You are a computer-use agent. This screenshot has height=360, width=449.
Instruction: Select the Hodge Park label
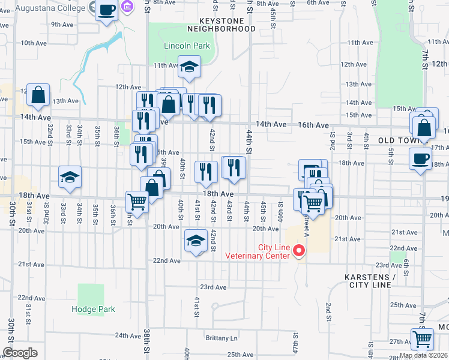pos(92,310)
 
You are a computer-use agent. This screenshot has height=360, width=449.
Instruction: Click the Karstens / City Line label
pos(370,281)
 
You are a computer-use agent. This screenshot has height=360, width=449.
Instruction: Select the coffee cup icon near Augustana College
pos(107,10)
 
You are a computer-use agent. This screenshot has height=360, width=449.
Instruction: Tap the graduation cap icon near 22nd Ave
pos(194,241)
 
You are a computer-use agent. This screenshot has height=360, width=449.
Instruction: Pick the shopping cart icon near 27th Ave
pos(423,339)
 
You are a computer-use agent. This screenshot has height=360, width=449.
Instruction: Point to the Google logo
pos(20,353)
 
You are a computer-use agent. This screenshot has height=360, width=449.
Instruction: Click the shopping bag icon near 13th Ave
pos(38,94)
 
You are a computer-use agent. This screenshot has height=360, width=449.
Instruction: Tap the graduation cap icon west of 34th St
pos(70,177)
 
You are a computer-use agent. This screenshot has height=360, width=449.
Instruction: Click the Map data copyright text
pos(423,355)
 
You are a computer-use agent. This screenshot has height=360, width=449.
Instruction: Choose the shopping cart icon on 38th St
pos(137,202)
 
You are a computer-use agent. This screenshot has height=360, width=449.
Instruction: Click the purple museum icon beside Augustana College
pos(127,7)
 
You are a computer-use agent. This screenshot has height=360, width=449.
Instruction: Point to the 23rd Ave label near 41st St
pos(212,287)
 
